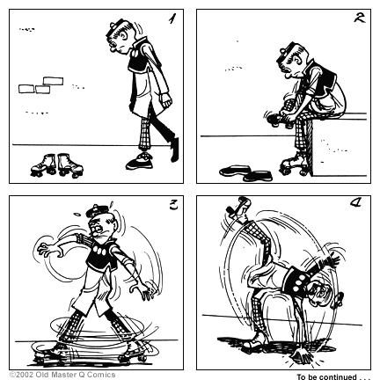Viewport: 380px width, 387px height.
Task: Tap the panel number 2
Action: (x=358, y=18)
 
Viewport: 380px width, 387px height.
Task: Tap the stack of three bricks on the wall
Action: (x=40, y=85)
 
